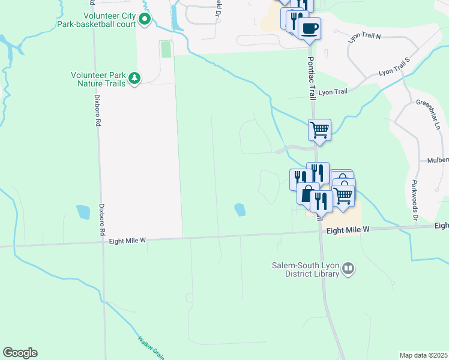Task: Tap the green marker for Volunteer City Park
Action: pyautogui.click(x=145, y=20)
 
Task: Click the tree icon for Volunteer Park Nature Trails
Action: pyautogui.click(x=135, y=78)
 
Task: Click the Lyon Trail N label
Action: pyautogui.click(x=365, y=37)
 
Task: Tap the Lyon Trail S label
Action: pyautogui.click(x=393, y=67)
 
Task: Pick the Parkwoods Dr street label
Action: pyautogui.click(x=414, y=195)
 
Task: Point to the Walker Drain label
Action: pyautogui.click(x=151, y=347)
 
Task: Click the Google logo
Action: pyautogui.click(x=20, y=353)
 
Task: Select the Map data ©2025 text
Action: pyautogui.click(x=423, y=355)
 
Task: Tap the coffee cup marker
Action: pyautogui.click(x=309, y=28)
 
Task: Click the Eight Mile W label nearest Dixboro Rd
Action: pyautogui.click(x=128, y=240)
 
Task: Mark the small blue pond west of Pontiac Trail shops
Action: pyautogui.click(x=240, y=209)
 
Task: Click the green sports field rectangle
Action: pyautogui.click(x=166, y=49)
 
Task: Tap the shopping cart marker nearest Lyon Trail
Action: pyautogui.click(x=319, y=129)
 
